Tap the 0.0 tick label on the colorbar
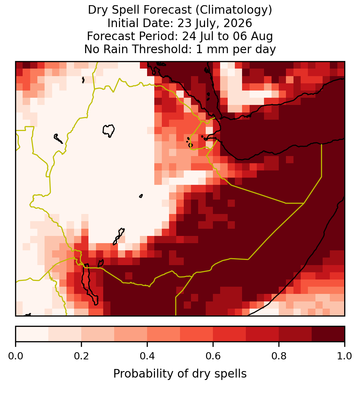point(15,356)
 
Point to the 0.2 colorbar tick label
point(81,356)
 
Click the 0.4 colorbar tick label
point(147,356)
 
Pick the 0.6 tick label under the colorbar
point(213,356)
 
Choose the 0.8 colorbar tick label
point(279,356)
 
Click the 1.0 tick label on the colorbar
point(345,356)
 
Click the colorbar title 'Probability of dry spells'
point(180,374)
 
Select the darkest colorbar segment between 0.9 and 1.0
point(328,334)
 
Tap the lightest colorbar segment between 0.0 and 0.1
point(32,334)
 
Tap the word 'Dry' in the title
point(98,10)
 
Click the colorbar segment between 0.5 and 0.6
point(197,334)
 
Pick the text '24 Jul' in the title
point(198,36)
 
